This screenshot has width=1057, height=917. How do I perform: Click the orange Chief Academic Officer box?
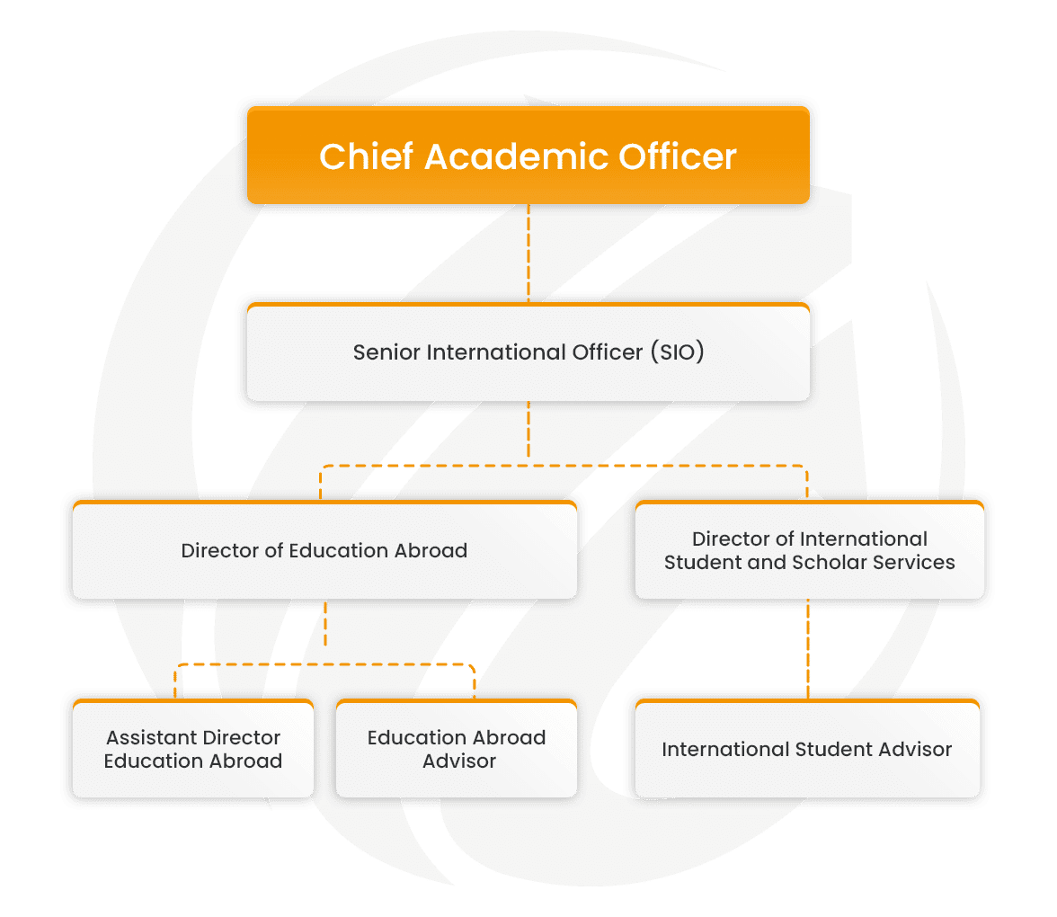tap(528, 155)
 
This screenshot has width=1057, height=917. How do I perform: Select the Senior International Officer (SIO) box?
tap(528, 352)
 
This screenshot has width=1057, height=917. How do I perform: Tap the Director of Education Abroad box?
tap(324, 550)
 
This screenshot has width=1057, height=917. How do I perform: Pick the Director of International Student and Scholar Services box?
tap(809, 550)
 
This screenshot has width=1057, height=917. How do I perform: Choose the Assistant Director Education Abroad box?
tap(193, 749)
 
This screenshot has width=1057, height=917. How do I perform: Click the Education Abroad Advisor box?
tap(457, 749)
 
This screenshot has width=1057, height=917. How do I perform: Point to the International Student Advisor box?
tap(807, 749)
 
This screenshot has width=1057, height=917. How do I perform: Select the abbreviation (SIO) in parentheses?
tap(675, 352)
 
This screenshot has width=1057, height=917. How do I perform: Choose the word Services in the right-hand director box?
tap(917, 563)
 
